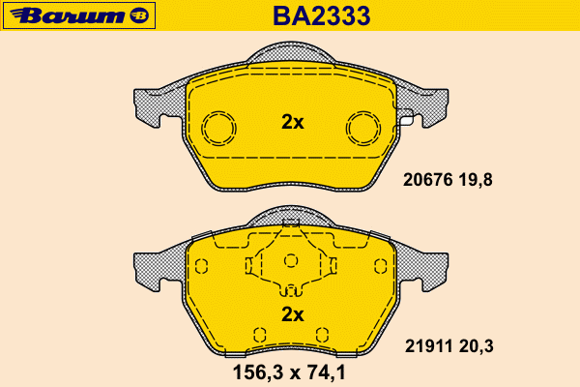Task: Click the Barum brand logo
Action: (79, 15)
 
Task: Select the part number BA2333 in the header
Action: (322, 15)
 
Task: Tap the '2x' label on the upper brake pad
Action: (293, 122)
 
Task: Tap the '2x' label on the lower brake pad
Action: (293, 314)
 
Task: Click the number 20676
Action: (427, 180)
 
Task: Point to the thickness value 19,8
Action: (476, 180)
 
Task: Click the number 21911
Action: (428, 346)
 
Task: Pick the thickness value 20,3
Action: (477, 347)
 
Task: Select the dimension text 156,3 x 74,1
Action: (289, 372)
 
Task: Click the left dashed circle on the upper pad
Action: (202, 128)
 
